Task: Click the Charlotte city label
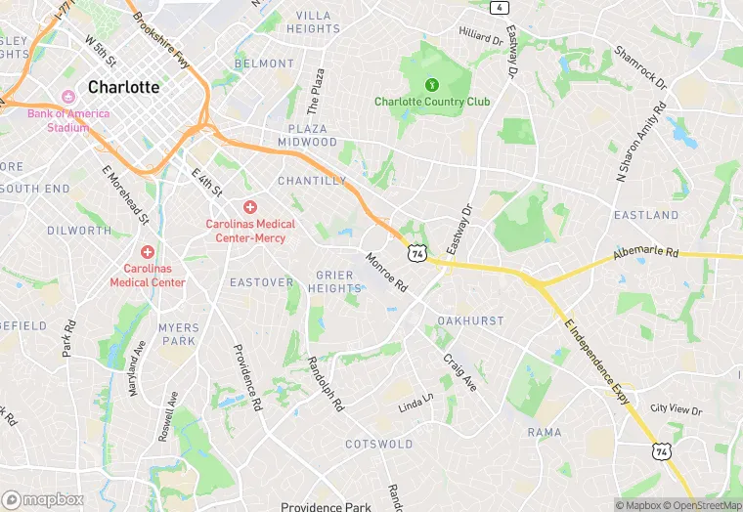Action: click(123, 87)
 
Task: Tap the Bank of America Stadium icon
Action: click(68, 97)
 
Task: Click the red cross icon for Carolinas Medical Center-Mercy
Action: click(250, 207)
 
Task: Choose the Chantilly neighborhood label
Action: click(312, 181)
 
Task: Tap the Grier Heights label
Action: click(334, 281)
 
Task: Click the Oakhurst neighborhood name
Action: click(470, 320)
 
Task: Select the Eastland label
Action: click(646, 215)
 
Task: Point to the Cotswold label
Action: click(378, 444)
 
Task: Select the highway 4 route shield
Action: click(501, 8)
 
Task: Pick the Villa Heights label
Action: click(313, 22)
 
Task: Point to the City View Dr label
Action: click(677, 408)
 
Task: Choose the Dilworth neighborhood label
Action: click(79, 231)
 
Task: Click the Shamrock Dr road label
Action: click(640, 67)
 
